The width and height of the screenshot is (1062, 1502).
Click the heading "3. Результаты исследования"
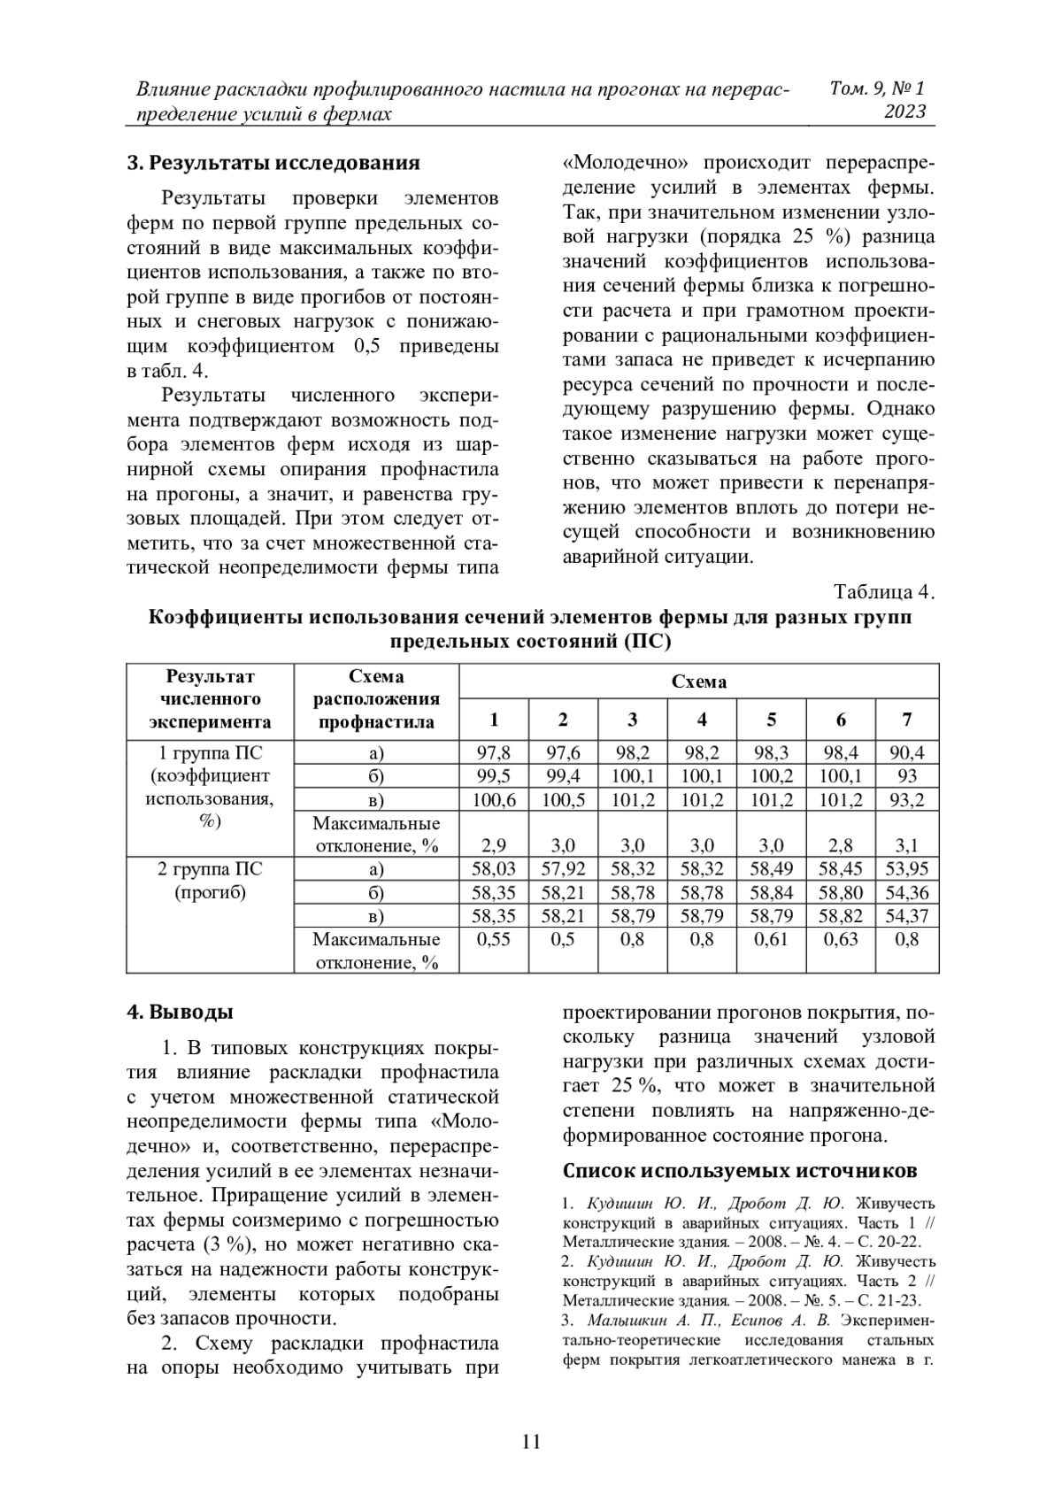[273, 164]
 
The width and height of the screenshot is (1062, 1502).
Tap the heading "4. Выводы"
[181, 1012]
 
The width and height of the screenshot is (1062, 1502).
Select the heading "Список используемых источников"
[740, 1170]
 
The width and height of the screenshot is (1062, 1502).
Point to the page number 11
[531, 1441]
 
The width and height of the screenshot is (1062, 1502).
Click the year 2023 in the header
[904, 112]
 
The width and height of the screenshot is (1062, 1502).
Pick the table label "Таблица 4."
[884, 591]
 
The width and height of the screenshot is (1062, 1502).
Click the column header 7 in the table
[906, 719]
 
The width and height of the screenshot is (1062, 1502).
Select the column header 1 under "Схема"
[494, 719]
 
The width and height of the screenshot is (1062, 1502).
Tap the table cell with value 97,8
[494, 753]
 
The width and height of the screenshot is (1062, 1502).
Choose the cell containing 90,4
[906, 753]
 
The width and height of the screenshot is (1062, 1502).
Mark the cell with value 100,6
[494, 800]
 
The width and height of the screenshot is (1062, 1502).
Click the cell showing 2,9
[494, 845]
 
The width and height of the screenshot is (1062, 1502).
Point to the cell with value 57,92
[563, 869]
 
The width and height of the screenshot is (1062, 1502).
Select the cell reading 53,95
[906, 869]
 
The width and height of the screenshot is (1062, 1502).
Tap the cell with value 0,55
[494, 940]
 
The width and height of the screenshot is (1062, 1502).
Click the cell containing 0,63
[840, 940]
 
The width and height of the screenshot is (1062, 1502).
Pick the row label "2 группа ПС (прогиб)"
[210, 881]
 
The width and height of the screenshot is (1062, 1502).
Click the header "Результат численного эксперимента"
[210, 699]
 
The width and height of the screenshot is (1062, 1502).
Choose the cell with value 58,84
[771, 893]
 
